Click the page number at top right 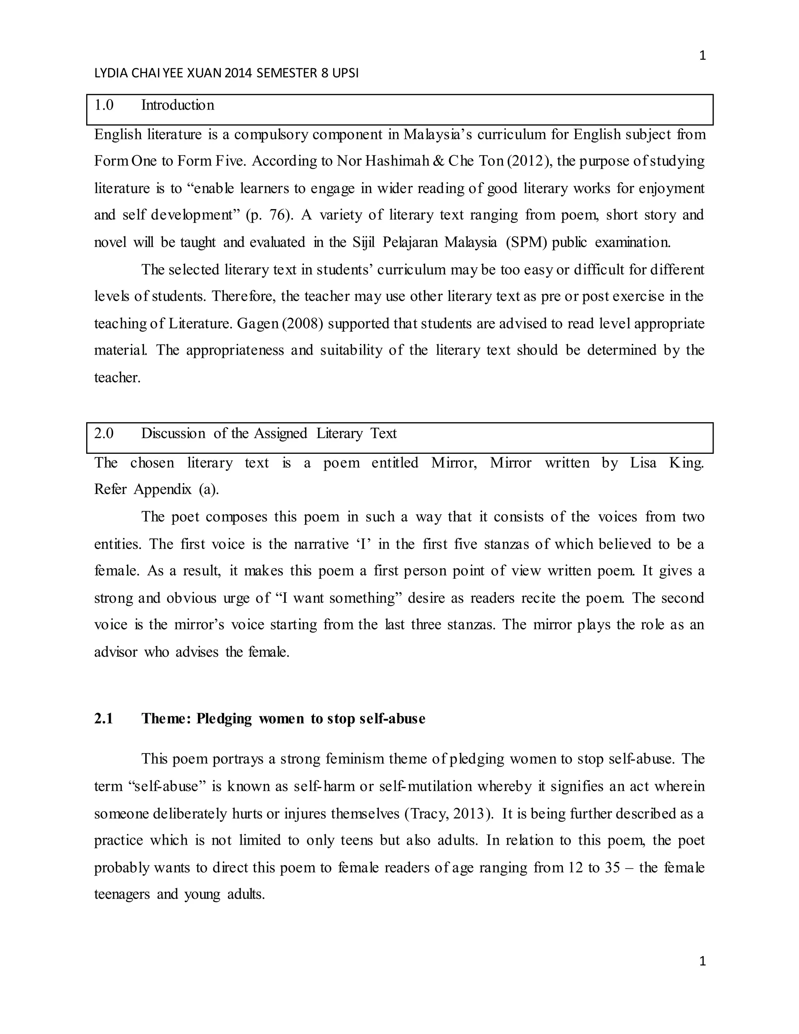702,56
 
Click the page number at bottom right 702,961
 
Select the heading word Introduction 178,105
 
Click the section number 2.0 104,433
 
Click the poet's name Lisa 643,462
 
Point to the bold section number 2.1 104,719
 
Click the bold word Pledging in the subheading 224,719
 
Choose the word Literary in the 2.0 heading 339,433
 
